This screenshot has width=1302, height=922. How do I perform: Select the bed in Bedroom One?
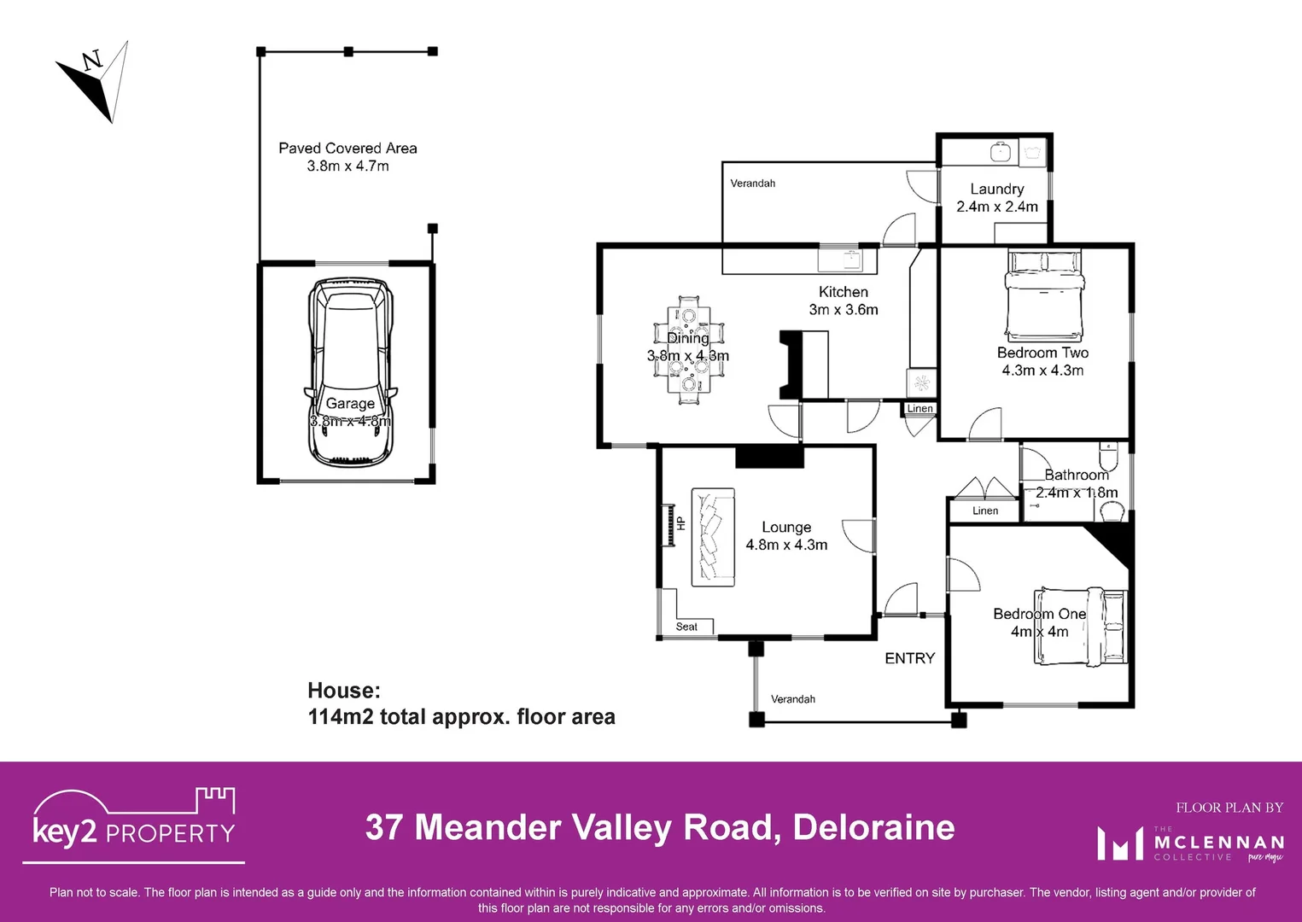1080,626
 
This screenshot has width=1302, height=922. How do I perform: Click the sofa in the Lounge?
713,537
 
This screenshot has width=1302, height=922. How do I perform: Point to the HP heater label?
680,523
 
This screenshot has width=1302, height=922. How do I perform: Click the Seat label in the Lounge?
686,627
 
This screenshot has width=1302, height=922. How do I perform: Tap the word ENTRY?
909,658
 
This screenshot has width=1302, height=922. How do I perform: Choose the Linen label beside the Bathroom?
984,511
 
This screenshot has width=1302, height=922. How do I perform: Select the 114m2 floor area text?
461,716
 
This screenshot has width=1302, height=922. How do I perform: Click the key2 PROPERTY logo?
134,823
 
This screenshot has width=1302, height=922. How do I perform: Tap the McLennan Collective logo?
1190,843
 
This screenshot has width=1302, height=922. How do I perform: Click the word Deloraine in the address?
873,827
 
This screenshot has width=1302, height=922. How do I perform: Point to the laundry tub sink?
1001,152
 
